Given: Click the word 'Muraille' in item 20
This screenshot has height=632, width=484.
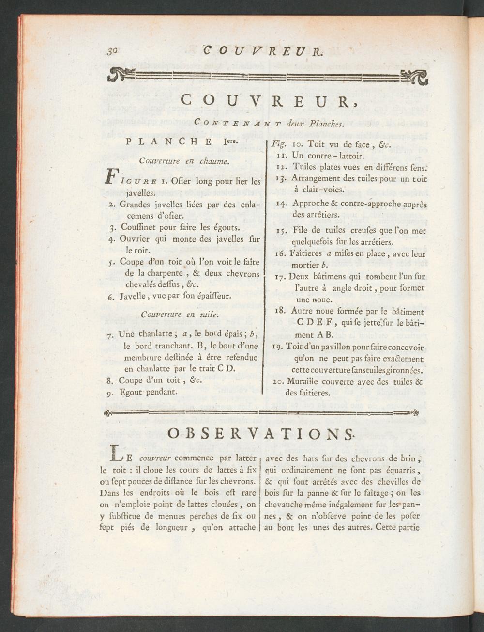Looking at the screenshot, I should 308,381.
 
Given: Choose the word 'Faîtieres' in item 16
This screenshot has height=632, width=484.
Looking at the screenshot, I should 306,253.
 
